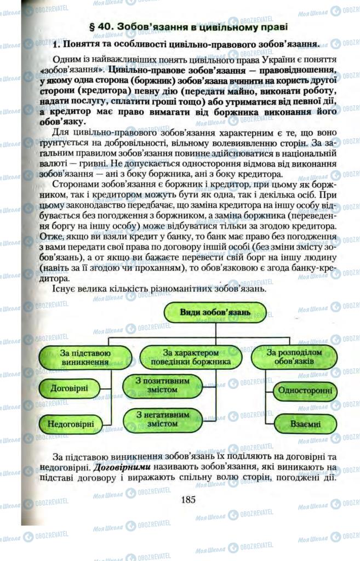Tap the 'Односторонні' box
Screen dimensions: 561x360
coord(305,391)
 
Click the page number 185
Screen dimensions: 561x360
coord(188,499)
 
